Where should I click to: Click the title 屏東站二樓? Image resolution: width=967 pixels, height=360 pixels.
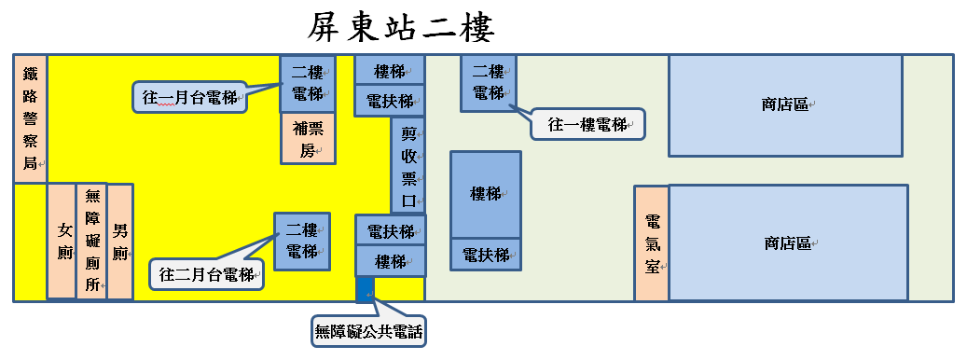[401, 28]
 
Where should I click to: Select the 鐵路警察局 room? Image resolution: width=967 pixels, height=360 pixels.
[30, 119]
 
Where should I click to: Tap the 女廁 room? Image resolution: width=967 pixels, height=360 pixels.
[62, 241]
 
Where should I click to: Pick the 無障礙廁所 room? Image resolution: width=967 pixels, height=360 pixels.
[92, 241]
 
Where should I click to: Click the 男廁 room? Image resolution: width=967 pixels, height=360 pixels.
[120, 241]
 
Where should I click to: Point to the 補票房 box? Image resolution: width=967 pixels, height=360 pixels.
[309, 138]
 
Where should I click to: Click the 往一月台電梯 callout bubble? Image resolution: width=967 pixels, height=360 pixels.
[190, 97]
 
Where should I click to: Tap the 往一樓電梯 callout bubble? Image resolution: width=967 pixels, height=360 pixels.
[587, 125]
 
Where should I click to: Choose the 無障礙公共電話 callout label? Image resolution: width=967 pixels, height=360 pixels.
[368, 332]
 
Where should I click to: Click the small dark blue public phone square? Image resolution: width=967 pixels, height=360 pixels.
[366, 290]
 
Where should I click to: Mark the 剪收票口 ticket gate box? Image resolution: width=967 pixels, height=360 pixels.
[408, 166]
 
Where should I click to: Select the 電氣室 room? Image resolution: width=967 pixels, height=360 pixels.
[652, 243]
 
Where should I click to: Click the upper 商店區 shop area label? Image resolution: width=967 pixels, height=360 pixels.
[786, 105]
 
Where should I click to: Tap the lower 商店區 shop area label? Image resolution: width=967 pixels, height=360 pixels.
[788, 243]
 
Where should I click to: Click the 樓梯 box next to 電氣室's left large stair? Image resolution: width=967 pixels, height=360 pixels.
[486, 195]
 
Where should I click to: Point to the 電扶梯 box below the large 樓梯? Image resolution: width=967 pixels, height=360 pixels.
[486, 255]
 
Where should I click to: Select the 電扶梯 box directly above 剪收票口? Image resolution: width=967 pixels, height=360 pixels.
[390, 101]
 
